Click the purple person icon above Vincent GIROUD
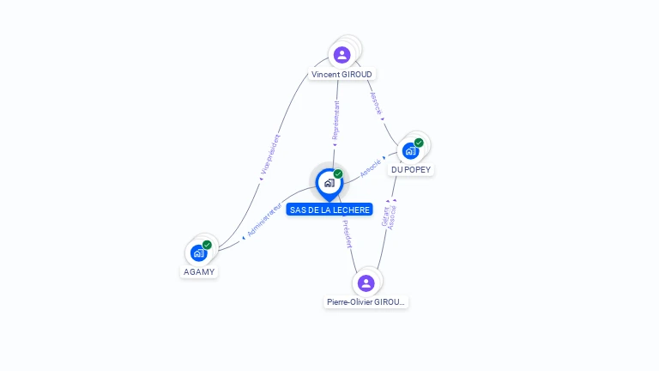pyautogui.click(x=342, y=55)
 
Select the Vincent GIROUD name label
pyautogui.click(x=342, y=75)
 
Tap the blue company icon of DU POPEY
pyautogui.click(x=410, y=151)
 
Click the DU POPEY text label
pyautogui.click(x=411, y=170)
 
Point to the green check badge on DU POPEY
pyautogui.click(x=419, y=143)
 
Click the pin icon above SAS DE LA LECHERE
pyautogui.click(x=329, y=183)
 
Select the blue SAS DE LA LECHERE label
pyautogui.click(x=329, y=210)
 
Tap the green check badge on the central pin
pyautogui.click(x=338, y=174)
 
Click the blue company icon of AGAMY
pyautogui.click(x=198, y=253)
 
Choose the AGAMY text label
pyautogui.click(x=199, y=272)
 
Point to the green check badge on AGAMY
pyautogui.click(x=207, y=245)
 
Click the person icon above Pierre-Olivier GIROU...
pyautogui.click(x=366, y=283)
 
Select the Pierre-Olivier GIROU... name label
pyautogui.click(x=366, y=302)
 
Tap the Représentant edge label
pyautogui.click(x=336, y=121)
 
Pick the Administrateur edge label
pyautogui.click(x=263, y=221)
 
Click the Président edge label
pyautogui.click(x=347, y=234)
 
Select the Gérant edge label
pyautogui.click(x=385, y=216)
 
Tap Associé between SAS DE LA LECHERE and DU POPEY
pyautogui.click(x=370, y=167)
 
